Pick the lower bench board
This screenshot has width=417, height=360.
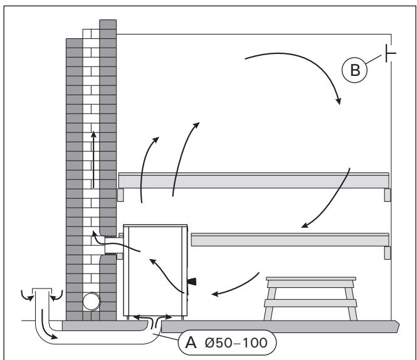(x=289, y=240)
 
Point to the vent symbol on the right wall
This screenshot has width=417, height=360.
(x=390, y=54)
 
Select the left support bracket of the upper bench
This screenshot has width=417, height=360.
(x=121, y=195)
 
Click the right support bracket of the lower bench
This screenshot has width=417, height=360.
(x=388, y=253)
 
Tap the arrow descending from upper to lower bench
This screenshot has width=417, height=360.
(x=326, y=201)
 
